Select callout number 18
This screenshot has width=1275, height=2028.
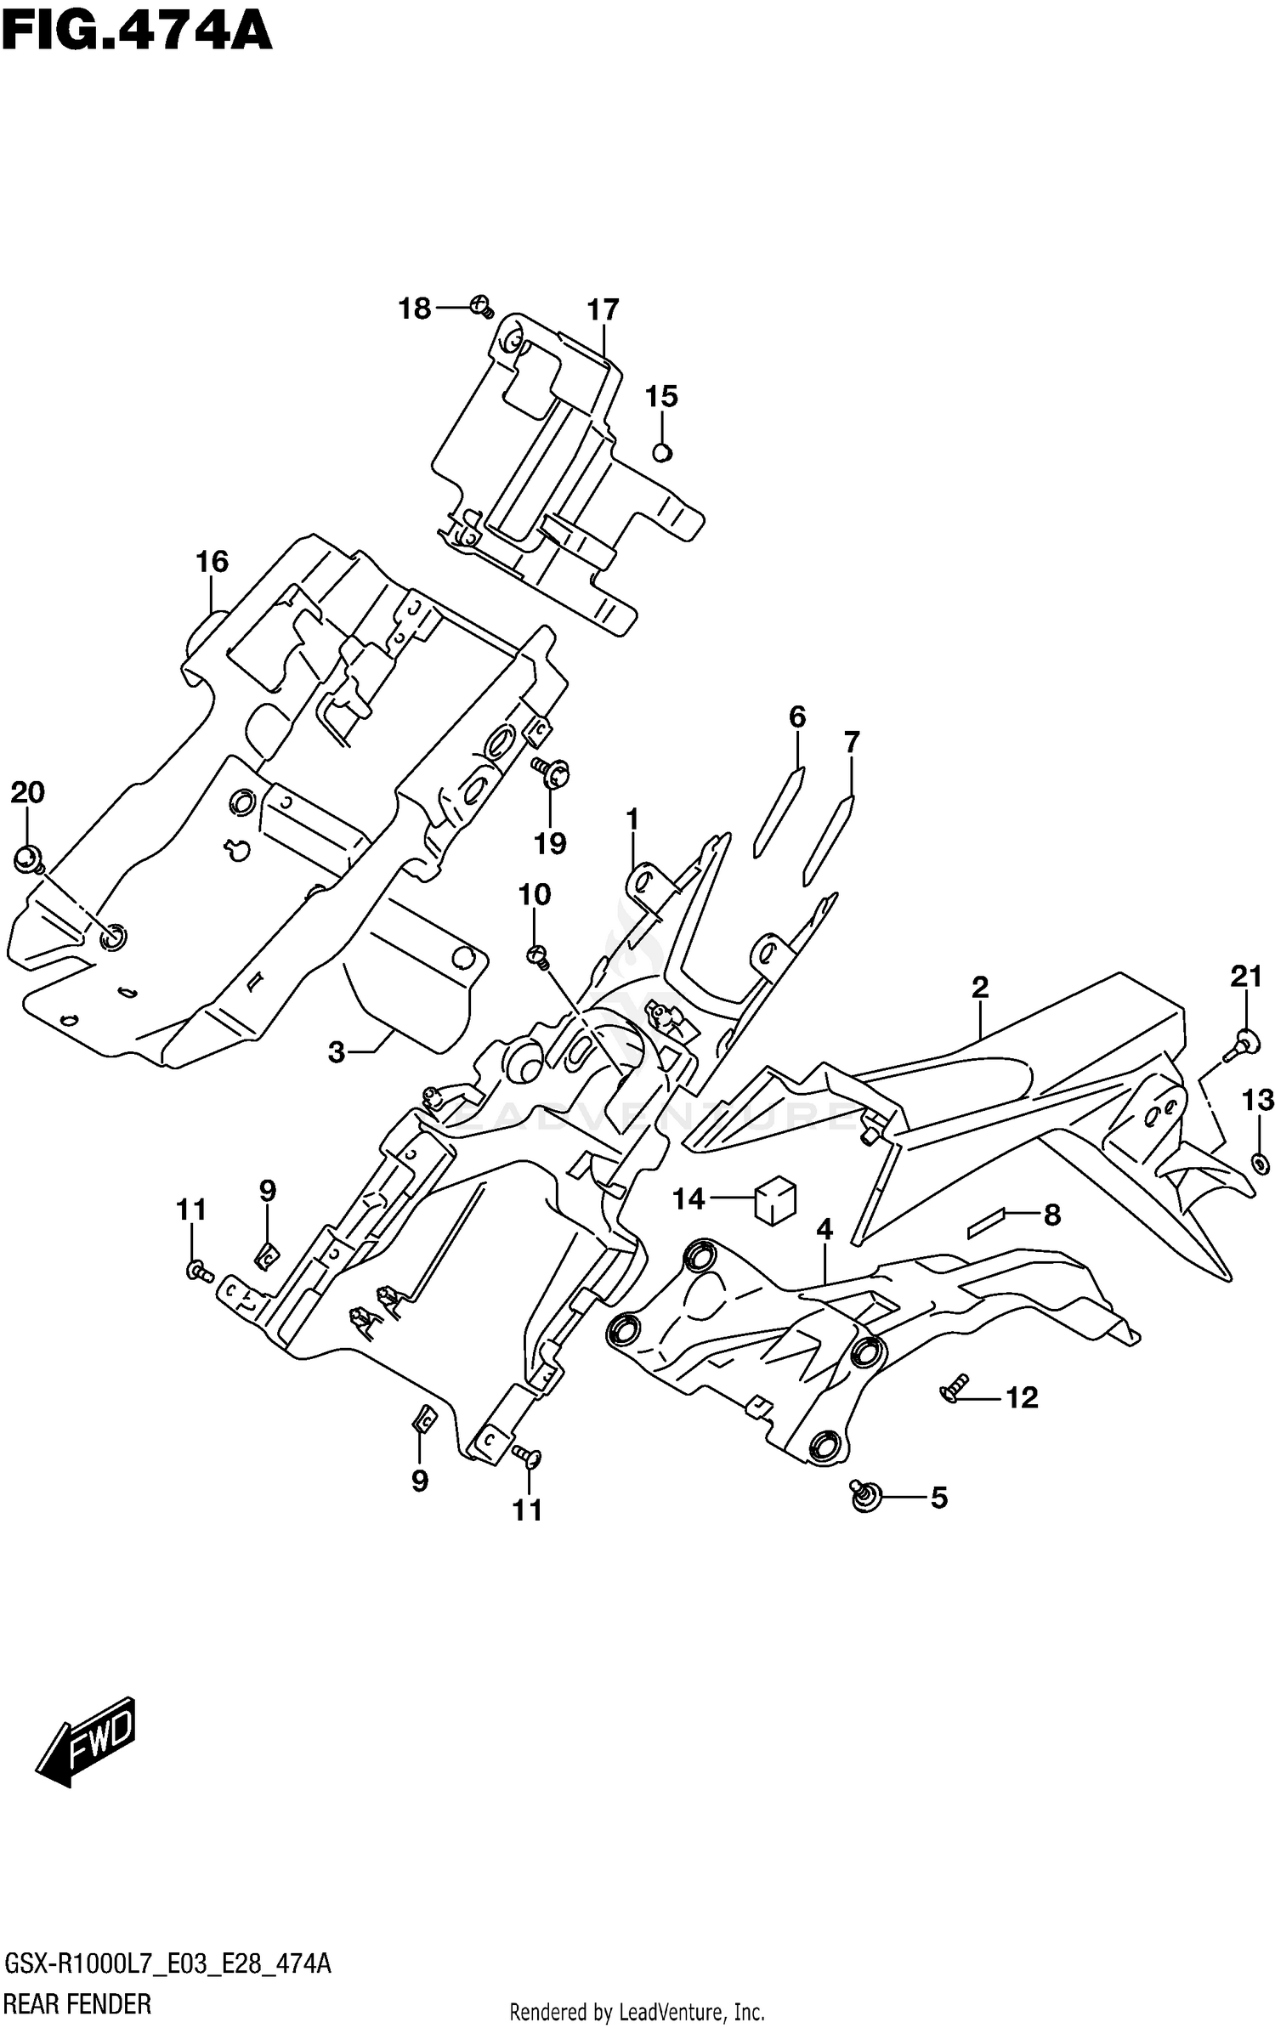point(415,309)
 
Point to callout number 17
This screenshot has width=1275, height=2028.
point(603,310)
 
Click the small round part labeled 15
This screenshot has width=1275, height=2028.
point(662,452)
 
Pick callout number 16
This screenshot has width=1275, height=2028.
point(212,562)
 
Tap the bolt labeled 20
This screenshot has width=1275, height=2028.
point(28,859)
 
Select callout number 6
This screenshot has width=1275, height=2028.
point(796,717)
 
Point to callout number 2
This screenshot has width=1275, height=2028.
point(979,988)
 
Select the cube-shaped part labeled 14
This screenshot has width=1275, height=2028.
point(774,1199)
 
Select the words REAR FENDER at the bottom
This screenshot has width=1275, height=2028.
point(78,2002)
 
